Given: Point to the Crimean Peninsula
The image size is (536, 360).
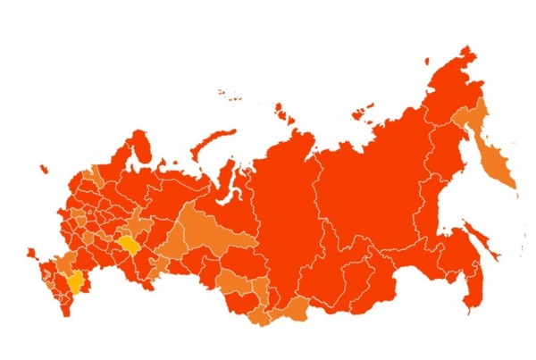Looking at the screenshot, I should [31, 255].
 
